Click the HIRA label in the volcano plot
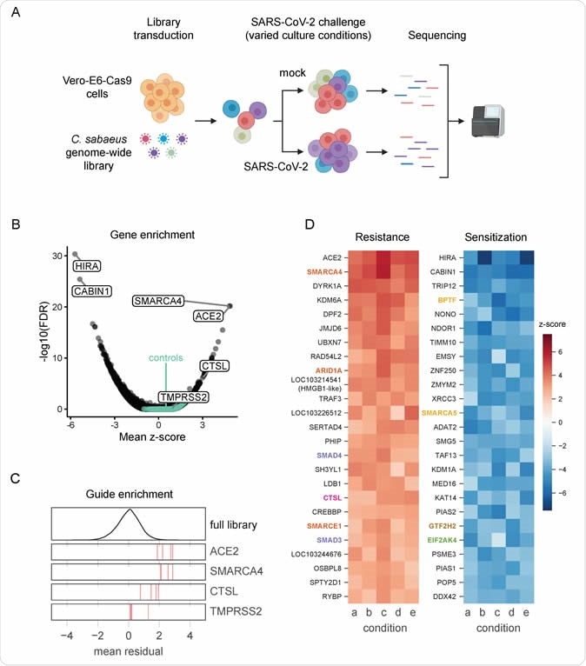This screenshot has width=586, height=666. tap(90, 265)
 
